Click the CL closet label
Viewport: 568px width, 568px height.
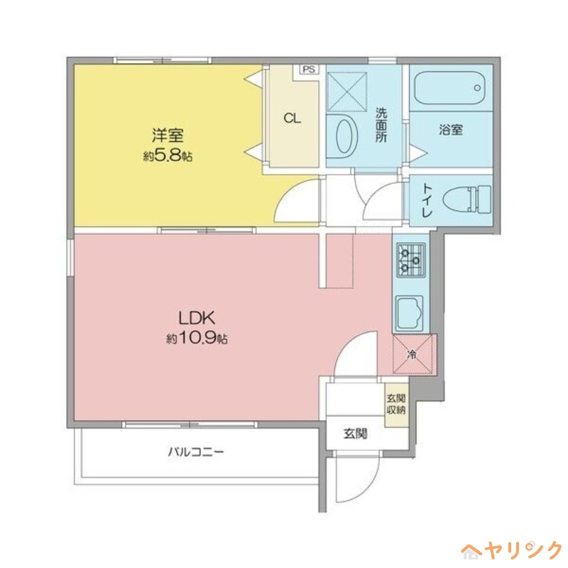(292, 119)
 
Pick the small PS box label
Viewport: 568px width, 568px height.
(308, 70)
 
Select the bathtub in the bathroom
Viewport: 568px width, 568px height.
(449, 89)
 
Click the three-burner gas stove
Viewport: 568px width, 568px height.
(410, 259)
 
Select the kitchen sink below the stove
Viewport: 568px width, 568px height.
(410, 312)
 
